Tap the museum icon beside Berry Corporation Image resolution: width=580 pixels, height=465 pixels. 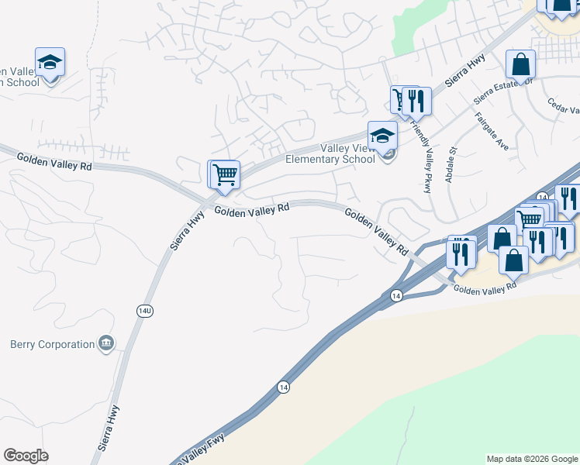pyautogui.click(x=107, y=343)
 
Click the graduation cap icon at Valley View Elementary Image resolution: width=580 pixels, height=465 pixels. pyautogui.click(x=382, y=136)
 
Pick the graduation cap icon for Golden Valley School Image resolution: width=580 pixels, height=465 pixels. pyautogui.click(x=50, y=62)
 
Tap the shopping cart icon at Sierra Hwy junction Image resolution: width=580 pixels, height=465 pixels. pyautogui.click(x=225, y=174)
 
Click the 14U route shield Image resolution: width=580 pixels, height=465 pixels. pyautogui.click(x=145, y=310)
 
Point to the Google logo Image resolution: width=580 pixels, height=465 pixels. pyautogui.click(x=26, y=456)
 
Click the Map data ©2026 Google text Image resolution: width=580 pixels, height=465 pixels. pyautogui.click(x=532, y=459)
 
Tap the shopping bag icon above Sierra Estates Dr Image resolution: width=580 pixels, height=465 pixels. pyautogui.click(x=520, y=64)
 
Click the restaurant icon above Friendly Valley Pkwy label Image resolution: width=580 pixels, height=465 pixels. pyautogui.click(x=418, y=101)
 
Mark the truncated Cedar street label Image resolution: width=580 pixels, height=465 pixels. pyautogui.click(x=564, y=106)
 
